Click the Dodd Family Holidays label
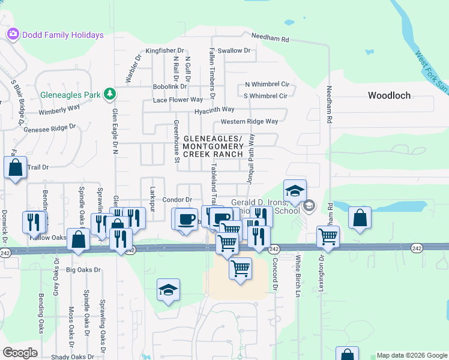(62, 35)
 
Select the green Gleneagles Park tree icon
(109, 94)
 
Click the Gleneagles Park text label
(70, 95)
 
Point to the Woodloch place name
(390, 95)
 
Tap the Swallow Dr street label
(234, 50)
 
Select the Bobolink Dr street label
(170, 87)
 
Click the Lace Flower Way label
(178, 100)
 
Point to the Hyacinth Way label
(214, 110)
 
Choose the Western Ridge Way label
(249, 121)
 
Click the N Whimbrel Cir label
(267, 85)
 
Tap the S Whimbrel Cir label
(265, 95)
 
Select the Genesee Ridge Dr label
(50, 128)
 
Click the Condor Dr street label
(176, 200)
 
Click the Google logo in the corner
(20, 353)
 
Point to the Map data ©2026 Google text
(411, 355)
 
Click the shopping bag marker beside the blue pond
(360, 220)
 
